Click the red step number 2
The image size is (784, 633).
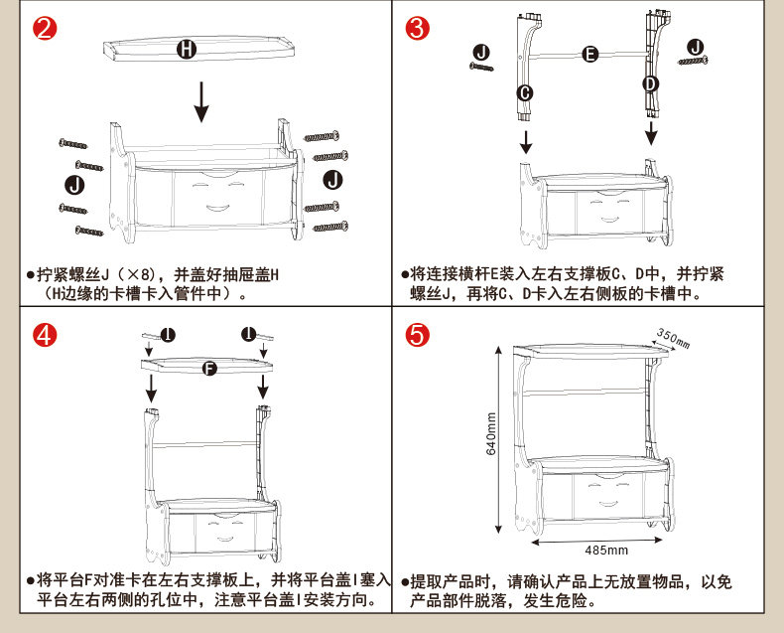coord(44,28)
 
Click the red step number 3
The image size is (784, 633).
coord(418,28)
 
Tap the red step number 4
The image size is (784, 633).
coord(44,335)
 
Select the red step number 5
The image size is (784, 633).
coord(418,335)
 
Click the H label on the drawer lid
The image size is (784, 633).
coord(186,49)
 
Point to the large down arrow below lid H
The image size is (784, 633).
coord(201,100)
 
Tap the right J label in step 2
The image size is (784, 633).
coord(332,178)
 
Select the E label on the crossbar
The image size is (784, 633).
coord(589,54)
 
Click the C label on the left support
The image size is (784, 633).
coord(525,92)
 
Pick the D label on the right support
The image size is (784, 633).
coord(650,83)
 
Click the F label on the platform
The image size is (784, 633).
coord(208,369)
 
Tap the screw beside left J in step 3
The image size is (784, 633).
coord(481,67)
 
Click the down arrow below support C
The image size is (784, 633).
coord(526,143)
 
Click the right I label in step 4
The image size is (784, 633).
coord(247,334)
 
